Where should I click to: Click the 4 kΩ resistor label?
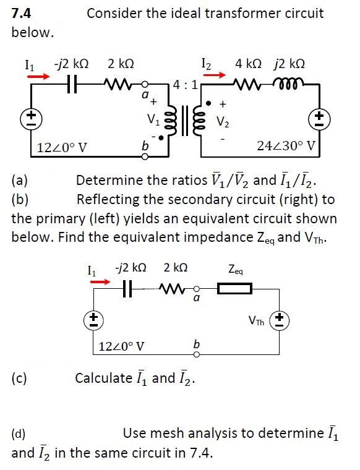pos(250,63)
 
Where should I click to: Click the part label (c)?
pos(20,377)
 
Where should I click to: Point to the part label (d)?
pos(20,432)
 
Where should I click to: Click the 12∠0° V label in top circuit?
pos(61,147)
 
